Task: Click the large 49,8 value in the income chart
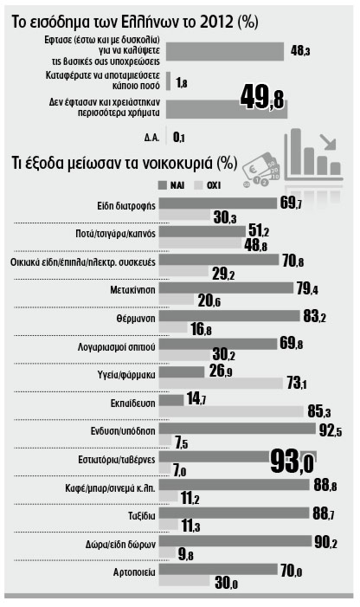(262, 97)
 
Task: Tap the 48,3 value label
(300, 51)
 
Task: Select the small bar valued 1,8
(168, 81)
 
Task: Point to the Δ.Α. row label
(151, 138)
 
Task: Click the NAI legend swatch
(163, 185)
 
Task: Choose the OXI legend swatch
(199, 185)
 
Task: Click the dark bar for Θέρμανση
(229, 316)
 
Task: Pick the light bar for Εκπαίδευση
(231, 411)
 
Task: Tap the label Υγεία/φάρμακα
(126, 375)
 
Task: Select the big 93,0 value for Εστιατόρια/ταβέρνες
(292, 462)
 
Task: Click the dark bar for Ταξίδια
(235, 513)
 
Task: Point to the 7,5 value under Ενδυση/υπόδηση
(181, 442)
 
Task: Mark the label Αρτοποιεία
(134, 571)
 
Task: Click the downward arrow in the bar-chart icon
(327, 142)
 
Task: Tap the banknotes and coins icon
(260, 170)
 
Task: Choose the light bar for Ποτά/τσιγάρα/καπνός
(200, 243)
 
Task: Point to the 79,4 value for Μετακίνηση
(307, 289)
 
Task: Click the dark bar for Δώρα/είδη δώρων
(235, 541)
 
